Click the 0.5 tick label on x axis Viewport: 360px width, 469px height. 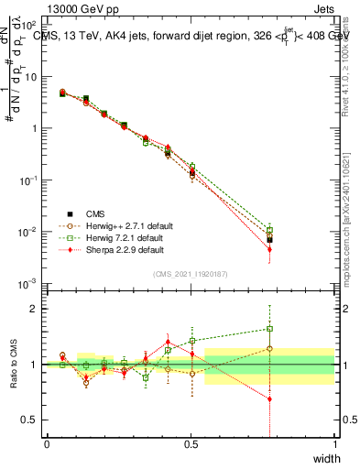[191, 444]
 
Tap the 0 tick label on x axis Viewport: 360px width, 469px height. [47, 444]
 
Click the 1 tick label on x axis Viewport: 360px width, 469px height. [334, 444]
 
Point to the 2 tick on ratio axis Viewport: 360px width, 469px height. [36, 309]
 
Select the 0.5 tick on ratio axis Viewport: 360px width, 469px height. [31, 420]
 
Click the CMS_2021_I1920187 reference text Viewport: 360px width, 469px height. [191, 273]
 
